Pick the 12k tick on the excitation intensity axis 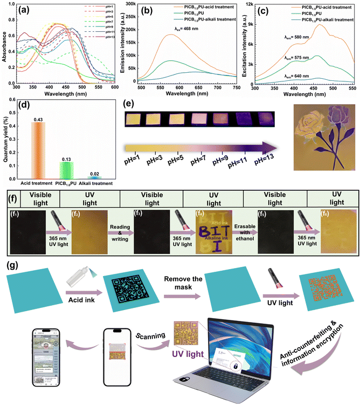250,5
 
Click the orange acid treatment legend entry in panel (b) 183,9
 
